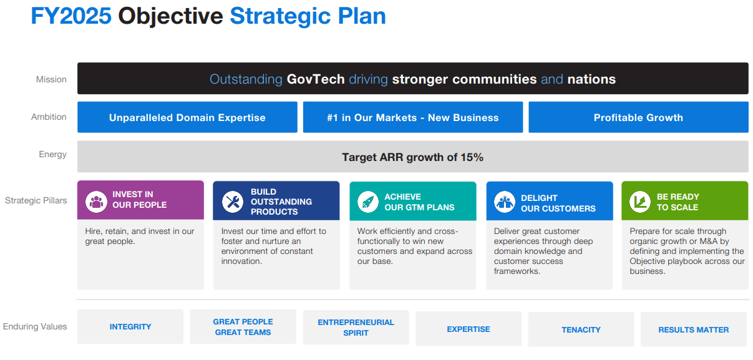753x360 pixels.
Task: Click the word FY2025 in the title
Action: pyautogui.click(x=71, y=16)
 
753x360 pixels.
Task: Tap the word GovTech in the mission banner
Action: pyautogui.click(x=315, y=79)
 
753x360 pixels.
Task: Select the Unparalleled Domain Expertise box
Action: pyautogui.click(x=187, y=117)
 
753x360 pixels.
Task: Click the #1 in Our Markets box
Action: pyautogui.click(x=413, y=117)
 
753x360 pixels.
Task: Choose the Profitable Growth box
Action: pyautogui.click(x=638, y=117)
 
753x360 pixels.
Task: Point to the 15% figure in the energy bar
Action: pyautogui.click(x=472, y=157)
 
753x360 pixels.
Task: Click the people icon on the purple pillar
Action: pyautogui.click(x=96, y=202)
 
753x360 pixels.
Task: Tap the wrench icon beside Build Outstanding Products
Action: pyautogui.click(x=233, y=202)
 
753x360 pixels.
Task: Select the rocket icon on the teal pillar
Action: pyautogui.click(x=368, y=202)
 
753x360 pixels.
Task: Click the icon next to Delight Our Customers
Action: pyautogui.click(x=505, y=202)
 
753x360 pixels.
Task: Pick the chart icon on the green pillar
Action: pyautogui.click(x=640, y=202)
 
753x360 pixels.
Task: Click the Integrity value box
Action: pyautogui.click(x=130, y=327)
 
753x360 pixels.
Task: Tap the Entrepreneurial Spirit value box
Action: pyautogui.click(x=356, y=328)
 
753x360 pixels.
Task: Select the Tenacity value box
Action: pyautogui.click(x=581, y=329)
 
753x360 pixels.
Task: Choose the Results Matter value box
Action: pyautogui.click(x=694, y=329)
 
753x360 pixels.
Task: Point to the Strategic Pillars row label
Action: pyautogui.click(x=36, y=200)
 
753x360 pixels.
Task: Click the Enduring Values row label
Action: pyautogui.click(x=35, y=326)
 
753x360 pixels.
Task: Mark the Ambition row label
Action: pyautogui.click(x=49, y=117)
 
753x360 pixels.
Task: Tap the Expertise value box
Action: pyautogui.click(x=469, y=329)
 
